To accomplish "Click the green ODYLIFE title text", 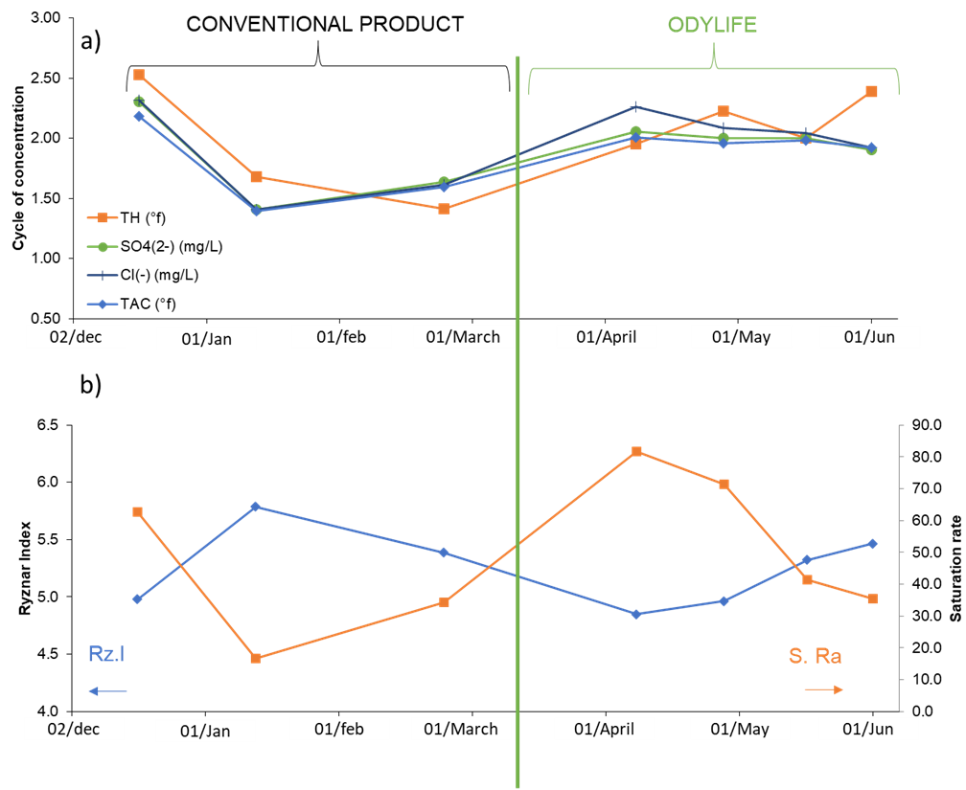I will click(x=712, y=25).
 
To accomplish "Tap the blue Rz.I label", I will click(x=106, y=655).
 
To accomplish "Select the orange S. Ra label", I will click(x=816, y=656).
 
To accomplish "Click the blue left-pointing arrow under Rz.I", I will click(x=106, y=690).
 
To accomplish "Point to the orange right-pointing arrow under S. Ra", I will click(x=823, y=689).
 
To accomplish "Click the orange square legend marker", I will click(x=103, y=218).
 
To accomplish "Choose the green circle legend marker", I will click(x=103, y=247).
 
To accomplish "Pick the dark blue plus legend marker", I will click(x=103, y=276).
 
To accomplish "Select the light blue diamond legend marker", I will click(x=103, y=305).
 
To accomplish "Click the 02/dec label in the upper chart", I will click(x=76, y=337).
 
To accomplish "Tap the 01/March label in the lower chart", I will click(x=462, y=729).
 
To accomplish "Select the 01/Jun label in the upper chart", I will click(x=869, y=337).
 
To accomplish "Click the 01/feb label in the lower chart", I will click(x=339, y=729).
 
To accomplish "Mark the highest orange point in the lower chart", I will click(x=636, y=451).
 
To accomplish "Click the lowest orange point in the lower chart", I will click(x=256, y=658).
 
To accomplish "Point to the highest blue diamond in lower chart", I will click(x=255, y=507).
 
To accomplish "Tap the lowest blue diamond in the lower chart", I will click(x=636, y=614).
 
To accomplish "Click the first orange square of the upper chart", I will click(x=139, y=75).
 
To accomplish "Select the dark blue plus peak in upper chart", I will click(x=635, y=106).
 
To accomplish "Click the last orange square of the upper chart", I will click(x=871, y=92).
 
